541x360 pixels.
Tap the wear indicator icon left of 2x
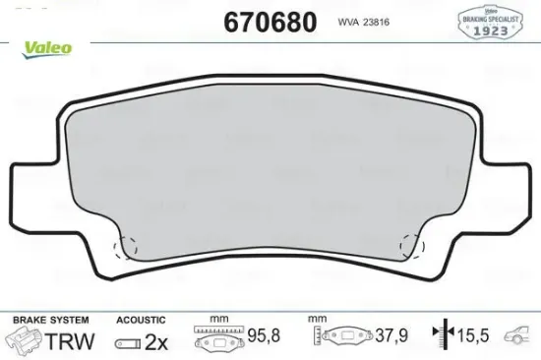point(127,341)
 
